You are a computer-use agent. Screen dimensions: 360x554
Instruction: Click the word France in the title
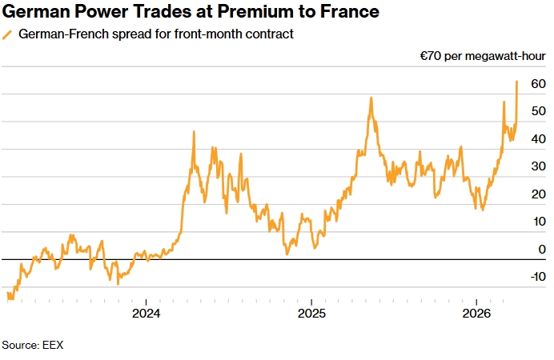[x=347, y=12]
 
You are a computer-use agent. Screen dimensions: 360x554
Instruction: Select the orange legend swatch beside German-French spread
[x=7, y=34]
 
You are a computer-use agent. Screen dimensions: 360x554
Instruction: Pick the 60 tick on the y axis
[x=537, y=84]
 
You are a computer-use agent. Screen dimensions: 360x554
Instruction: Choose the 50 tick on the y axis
[x=537, y=112]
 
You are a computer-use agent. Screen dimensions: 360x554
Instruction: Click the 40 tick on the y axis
[x=537, y=139]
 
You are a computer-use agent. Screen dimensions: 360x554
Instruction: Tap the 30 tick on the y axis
[x=537, y=167]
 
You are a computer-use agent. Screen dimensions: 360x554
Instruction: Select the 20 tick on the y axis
[x=537, y=194]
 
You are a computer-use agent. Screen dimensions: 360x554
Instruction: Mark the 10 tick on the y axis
[x=537, y=222]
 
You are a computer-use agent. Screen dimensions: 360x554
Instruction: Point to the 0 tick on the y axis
[x=541, y=250]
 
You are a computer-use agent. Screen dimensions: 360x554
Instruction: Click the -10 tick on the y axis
[x=535, y=277]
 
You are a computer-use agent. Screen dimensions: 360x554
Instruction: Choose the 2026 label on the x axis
[x=477, y=313]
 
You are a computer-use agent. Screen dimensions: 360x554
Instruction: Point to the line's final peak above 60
[x=517, y=81]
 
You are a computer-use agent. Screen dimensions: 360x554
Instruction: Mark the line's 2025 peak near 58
[x=371, y=98]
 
